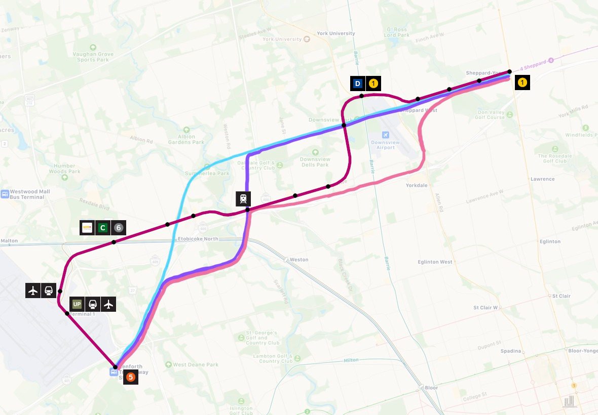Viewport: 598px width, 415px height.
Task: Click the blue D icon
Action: coord(358,84)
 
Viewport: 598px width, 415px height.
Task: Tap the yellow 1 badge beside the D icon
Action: coord(372,84)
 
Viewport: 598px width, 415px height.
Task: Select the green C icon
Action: coord(103,228)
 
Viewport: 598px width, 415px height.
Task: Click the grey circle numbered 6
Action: coord(118,228)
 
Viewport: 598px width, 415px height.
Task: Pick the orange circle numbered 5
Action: coord(131,377)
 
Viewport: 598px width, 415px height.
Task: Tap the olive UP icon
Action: coord(77,304)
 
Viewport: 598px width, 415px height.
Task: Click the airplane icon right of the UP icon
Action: coord(108,304)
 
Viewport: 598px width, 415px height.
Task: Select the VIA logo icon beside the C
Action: coord(87,228)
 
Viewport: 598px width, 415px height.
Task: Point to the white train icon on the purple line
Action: coord(243,198)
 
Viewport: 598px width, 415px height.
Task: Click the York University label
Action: coord(335,33)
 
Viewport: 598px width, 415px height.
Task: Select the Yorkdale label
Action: coord(416,185)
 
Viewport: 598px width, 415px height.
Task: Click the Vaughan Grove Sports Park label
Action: coord(93,57)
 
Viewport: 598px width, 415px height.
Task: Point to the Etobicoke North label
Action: coord(198,239)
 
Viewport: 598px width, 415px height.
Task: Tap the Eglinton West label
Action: coord(435,262)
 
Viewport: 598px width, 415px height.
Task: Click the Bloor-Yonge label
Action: coord(583,350)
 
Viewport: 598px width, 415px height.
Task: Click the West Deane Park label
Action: coord(195,364)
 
